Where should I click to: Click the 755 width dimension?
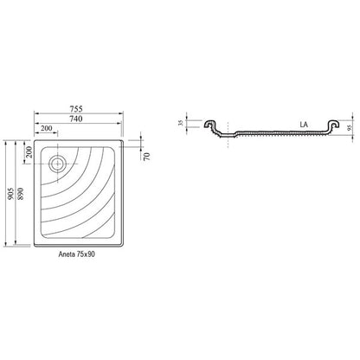coord(76,109)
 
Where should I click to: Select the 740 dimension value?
coord(76,119)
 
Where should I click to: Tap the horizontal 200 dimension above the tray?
coord(46,128)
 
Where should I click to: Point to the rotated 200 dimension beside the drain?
coord(29,152)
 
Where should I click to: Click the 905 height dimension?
coord(11,194)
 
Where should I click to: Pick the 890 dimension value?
coord(21,194)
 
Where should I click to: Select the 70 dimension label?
coord(147,157)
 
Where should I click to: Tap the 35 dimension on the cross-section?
coord(181,123)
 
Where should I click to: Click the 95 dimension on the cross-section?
coord(350,128)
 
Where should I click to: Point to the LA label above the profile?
coord(304,125)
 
